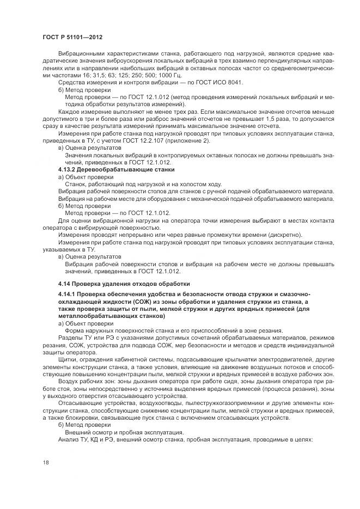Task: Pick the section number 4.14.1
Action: pyautogui.click(x=68, y=295)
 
